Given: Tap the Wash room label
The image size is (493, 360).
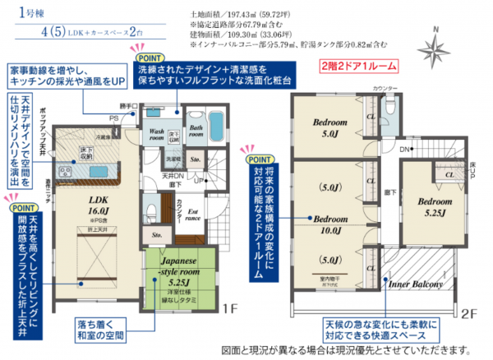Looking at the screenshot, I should (x=159, y=133).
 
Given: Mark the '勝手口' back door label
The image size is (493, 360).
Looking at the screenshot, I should (x=125, y=104).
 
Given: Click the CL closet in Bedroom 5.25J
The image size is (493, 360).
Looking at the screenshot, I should (x=449, y=174).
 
